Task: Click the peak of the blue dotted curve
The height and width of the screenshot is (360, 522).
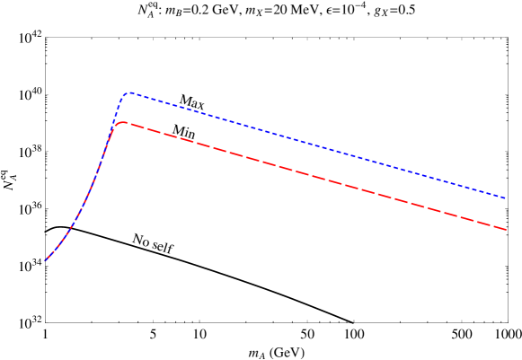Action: pyautogui.click(x=129, y=92)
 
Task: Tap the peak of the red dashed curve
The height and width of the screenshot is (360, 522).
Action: pyautogui.click(x=121, y=122)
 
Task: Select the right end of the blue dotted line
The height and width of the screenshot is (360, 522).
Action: pyautogui.click(x=506, y=198)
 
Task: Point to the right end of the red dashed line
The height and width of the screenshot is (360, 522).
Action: pyautogui.click(x=506, y=229)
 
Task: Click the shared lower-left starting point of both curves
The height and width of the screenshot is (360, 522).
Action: pyautogui.click(x=47, y=260)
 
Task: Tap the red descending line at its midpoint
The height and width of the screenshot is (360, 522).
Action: pyautogui.click(x=314, y=175)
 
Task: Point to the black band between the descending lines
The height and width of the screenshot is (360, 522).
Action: pyautogui.click(x=314, y=160)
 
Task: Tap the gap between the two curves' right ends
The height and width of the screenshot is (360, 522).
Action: pyautogui.click(x=505, y=214)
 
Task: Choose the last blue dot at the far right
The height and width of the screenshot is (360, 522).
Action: pyautogui.click(x=504, y=198)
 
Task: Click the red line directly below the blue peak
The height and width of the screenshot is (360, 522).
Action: pyautogui.click(x=129, y=123)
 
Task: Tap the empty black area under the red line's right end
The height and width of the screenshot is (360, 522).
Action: pyautogui.click(x=499, y=287)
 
